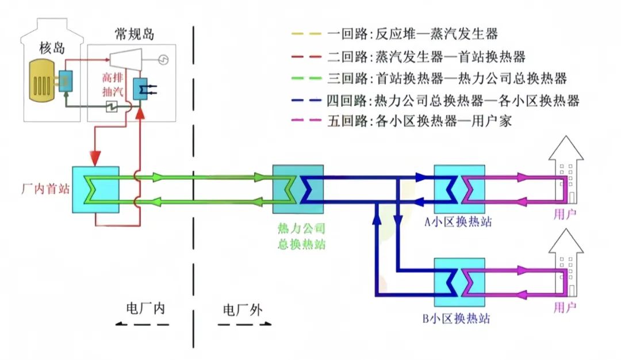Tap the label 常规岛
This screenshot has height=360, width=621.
click(135, 35)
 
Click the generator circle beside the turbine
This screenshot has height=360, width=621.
click(163, 59)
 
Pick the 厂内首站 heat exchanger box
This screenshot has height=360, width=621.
click(95, 190)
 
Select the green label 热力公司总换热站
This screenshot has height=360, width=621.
click(298, 238)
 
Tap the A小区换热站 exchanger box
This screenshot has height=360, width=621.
click(459, 190)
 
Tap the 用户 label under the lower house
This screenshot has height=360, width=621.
click(565, 308)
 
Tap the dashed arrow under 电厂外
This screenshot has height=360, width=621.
click(244, 325)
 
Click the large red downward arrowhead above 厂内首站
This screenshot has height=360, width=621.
click(95, 156)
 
